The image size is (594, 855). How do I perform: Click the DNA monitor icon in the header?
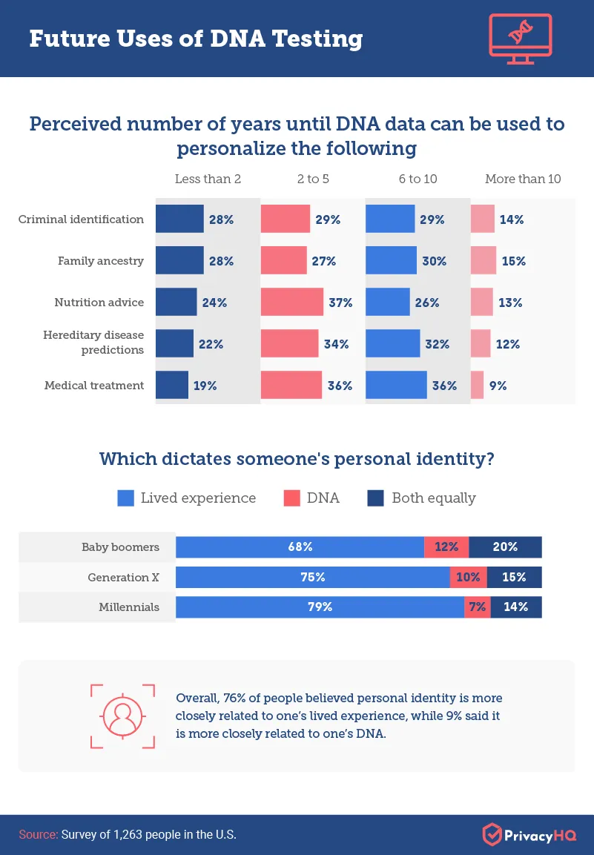point(521,38)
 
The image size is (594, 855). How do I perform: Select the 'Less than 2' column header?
point(208,179)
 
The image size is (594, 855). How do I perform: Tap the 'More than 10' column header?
point(523,179)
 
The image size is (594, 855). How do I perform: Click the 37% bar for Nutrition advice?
point(292,303)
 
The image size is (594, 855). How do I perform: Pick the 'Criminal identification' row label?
point(82,219)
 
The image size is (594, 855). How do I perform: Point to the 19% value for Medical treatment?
point(205,386)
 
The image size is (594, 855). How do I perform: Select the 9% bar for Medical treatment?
point(478,386)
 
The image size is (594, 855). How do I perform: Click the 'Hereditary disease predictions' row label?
point(93,343)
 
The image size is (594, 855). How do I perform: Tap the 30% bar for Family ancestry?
point(392,261)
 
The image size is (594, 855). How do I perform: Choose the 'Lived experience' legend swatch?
point(125,498)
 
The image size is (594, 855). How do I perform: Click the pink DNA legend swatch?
point(291,498)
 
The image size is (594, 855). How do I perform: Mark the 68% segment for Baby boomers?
point(300,547)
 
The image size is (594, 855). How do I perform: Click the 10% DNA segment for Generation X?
point(469,577)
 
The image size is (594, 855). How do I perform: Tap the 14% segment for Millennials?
point(515,607)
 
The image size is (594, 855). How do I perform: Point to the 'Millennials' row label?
point(129,607)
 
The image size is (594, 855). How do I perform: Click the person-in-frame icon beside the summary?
point(122,716)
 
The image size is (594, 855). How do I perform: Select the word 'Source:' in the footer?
point(39,834)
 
